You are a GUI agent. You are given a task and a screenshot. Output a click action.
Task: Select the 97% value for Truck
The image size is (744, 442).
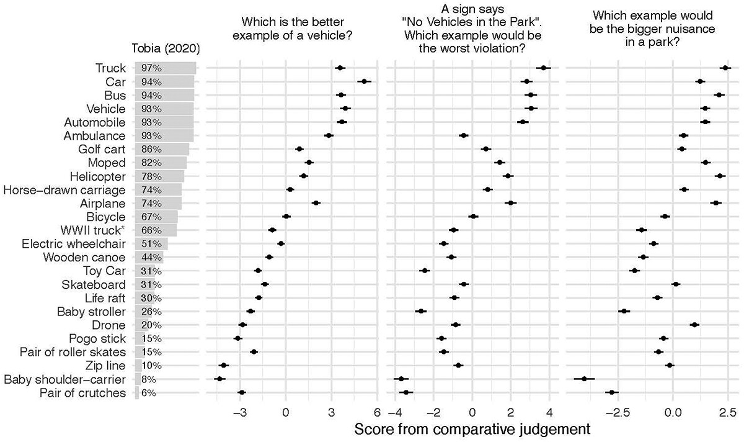click(151, 68)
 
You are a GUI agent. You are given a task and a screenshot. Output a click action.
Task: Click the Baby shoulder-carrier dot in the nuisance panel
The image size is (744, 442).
click(584, 378)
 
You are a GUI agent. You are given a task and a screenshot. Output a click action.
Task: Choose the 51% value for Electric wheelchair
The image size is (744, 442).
click(151, 244)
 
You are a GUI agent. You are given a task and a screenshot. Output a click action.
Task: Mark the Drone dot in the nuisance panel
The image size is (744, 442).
click(694, 325)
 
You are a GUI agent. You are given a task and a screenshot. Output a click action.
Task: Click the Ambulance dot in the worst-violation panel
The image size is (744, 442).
click(463, 135)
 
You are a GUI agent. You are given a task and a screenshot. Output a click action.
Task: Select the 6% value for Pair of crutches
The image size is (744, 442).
click(149, 393)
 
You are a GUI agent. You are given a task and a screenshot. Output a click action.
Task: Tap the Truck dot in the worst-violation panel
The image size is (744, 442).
click(544, 68)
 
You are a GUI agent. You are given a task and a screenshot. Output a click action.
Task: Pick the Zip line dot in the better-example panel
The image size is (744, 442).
click(224, 365)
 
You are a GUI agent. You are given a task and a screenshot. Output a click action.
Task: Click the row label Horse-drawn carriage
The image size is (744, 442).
click(64, 190)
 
